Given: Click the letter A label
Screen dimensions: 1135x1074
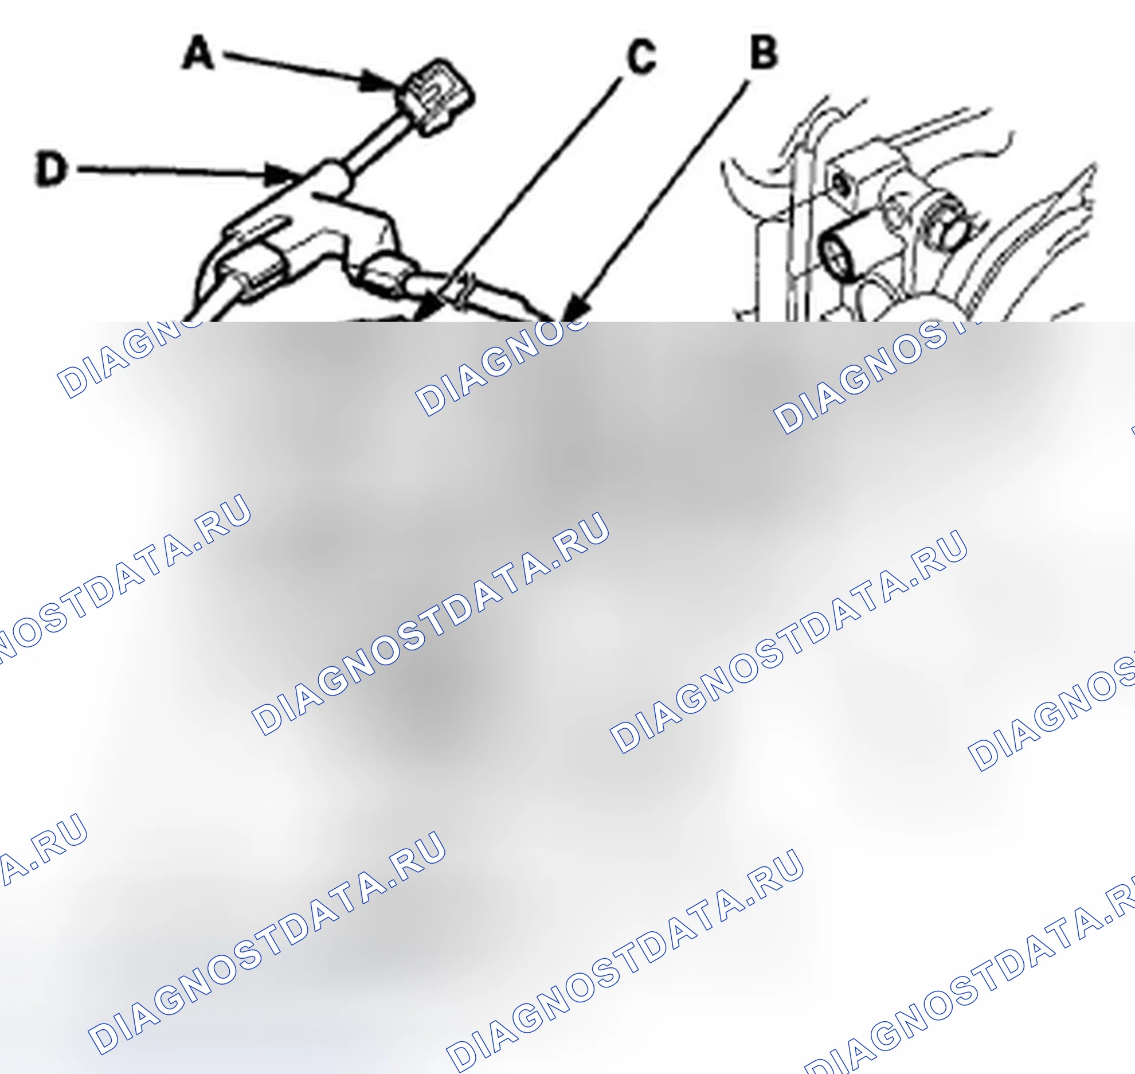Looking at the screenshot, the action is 198,53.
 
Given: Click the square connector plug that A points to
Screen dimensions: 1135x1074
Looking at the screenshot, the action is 437,96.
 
